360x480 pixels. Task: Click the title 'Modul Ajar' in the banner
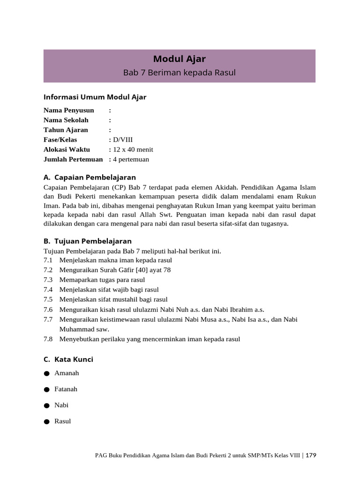[x=180, y=59]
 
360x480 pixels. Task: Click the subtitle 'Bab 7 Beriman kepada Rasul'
[x=180, y=73]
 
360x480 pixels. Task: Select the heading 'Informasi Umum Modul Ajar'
[x=95, y=97]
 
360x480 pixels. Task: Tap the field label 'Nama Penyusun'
[x=68, y=110]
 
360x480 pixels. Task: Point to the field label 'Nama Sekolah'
[x=66, y=120]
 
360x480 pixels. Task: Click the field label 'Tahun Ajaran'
[x=66, y=130]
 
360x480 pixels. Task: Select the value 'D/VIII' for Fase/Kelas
[x=123, y=140]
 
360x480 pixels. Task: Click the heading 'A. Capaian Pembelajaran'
[x=90, y=177]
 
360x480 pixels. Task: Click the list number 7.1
[x=48, y=260]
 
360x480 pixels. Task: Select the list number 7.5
[x=48, y=300]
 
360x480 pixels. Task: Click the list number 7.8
[x=48, y=339]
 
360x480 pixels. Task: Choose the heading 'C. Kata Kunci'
[x=68, y=359]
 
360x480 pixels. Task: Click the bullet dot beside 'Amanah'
[x=46, y=374]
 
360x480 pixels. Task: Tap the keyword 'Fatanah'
[x=66, y=389]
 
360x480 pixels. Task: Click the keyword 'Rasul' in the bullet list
[x=62, y=421]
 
